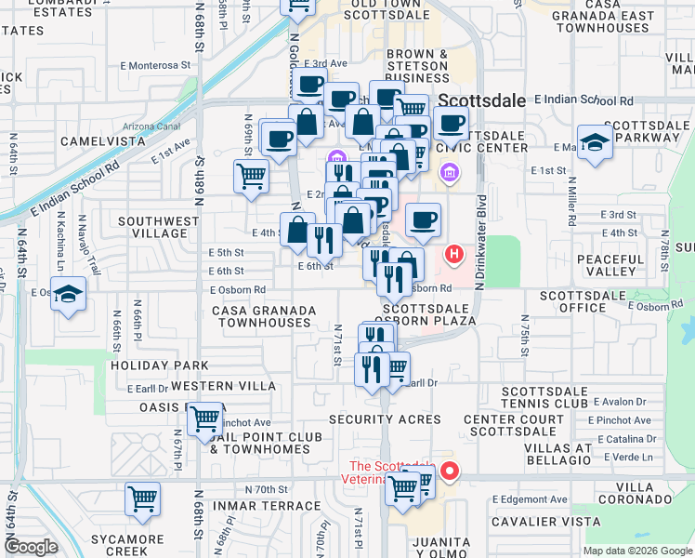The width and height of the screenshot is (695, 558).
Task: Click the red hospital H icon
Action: click(x=454, y=253)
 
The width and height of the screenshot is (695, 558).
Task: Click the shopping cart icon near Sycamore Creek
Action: click(x=143, y=499)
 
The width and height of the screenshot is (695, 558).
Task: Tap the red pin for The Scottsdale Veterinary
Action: click(x=450, y=471)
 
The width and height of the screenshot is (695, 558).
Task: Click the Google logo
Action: click(x=31, y=547)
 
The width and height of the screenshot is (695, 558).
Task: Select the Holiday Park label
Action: click(x=147, y=365)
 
